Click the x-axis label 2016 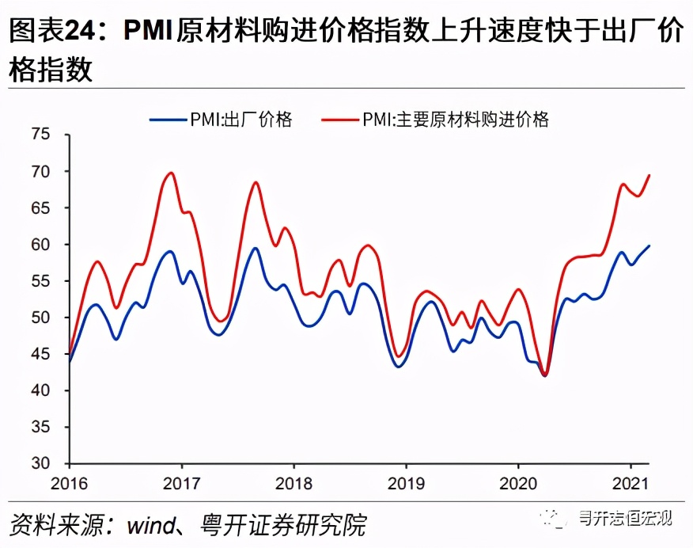click(x=68, y=483)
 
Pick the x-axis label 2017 click(x=181, y=483)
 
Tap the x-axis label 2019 click(x=406, y=483)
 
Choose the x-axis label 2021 click(x=631, y=483)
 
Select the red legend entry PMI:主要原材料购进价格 click(x=436, y=120)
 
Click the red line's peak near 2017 click(x=171, y=173)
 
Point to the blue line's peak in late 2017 click(x=256, y=249)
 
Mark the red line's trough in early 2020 click(x=545, y=375)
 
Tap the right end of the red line click(x=649, y=175)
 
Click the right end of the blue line click(x=649, y=245)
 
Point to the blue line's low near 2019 click(x=397, y=367)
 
